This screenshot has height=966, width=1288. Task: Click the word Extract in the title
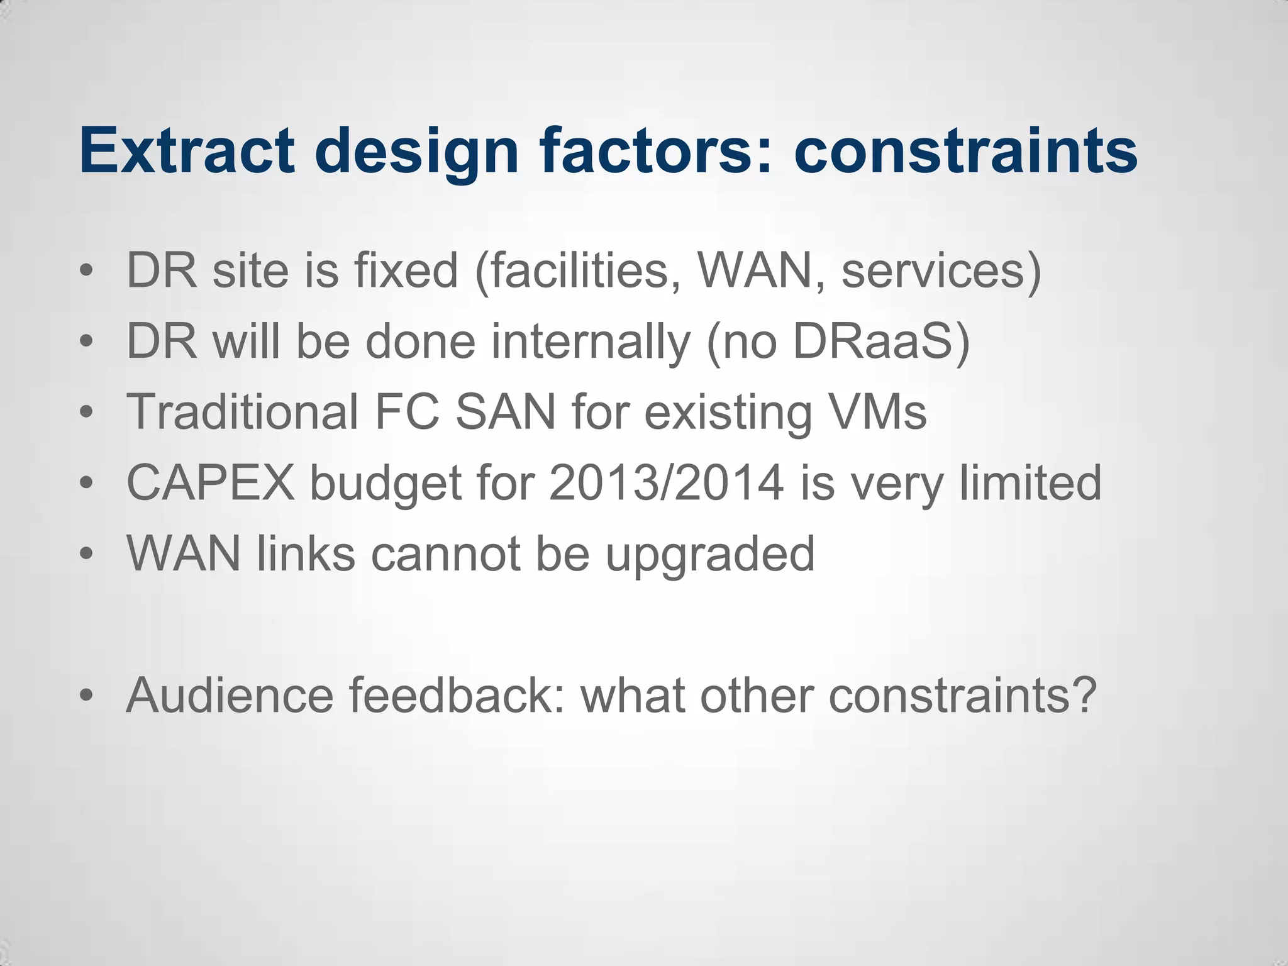click(187, 150)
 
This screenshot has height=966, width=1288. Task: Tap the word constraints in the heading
click(965, 150)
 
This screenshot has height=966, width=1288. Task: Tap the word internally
click(591, 342)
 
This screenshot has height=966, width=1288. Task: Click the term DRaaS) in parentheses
click(881, 342)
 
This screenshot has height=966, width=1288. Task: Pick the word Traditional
click(243, 412)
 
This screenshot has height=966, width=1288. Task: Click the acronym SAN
click(506, 412)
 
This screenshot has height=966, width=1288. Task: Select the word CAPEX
click(211, 482)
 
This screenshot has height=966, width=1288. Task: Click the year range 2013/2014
click(666, 482)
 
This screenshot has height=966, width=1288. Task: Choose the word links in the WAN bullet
click(306, 553)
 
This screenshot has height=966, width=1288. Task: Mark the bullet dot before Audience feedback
click(87, 696)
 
